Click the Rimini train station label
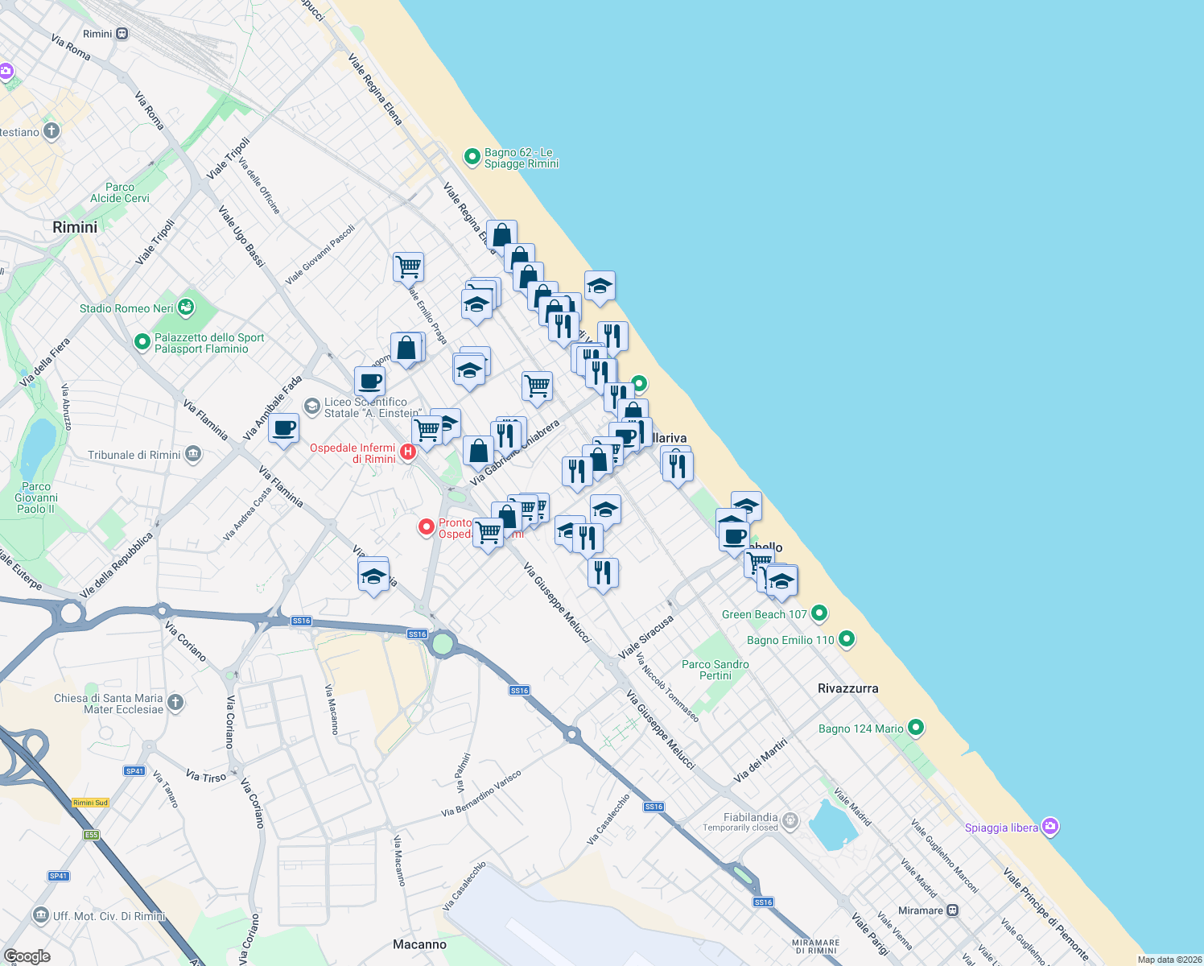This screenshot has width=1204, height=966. click(98, 34)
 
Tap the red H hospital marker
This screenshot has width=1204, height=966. click(408, 452)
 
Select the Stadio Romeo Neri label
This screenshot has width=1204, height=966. click(126, 308)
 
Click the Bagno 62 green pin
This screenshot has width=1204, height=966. click(472, 157)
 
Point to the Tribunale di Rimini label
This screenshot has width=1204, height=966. click(134, 455)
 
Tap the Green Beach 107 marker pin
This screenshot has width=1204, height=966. click(819, 613)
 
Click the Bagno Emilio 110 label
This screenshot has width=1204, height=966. click(790, 640)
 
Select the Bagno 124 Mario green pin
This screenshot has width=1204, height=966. click(915, 728)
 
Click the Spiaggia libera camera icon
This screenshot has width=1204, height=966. click(1049, 827)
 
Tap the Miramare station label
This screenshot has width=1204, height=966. click(921, 910)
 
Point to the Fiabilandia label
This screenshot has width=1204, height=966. click(750, 817)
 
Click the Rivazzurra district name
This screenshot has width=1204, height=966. click(847, 688)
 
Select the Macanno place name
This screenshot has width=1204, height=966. click(419, 944)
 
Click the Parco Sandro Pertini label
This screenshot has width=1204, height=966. click(715, 670)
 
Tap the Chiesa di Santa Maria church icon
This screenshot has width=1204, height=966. click(175, 703)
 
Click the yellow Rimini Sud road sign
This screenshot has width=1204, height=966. click(90, 803)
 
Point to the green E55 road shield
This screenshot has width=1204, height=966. click(91, 835)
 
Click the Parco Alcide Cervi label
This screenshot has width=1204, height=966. click(120, 192)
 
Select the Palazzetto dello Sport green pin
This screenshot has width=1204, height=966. click(142, 343)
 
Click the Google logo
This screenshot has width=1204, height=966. click(27, 956)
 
